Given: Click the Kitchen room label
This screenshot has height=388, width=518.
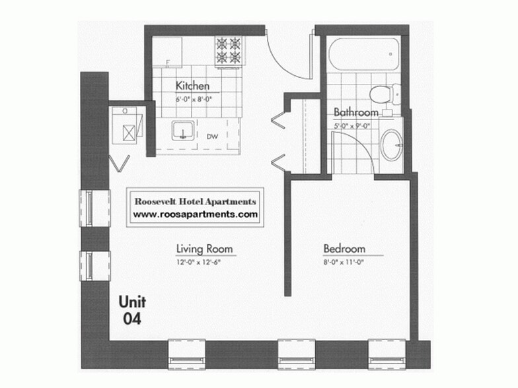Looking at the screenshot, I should click(x=192, y=86).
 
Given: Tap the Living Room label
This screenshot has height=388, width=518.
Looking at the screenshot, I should click(x=204, y=249).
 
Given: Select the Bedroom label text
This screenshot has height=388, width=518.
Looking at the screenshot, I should click(x=344, y=249).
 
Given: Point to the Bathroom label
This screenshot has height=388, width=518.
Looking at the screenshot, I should click(x=355, y=112).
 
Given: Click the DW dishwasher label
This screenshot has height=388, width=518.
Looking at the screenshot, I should click(x=212, y=137).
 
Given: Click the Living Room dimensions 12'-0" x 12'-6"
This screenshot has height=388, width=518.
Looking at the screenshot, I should click(x=204, y=262).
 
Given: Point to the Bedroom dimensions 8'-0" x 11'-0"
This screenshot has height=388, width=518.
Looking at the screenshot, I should click(x=344, y=262).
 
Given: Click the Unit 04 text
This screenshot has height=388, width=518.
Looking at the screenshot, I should click(x=132, y=310).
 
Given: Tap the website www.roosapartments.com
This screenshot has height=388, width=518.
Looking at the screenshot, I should click(x=195, y=214).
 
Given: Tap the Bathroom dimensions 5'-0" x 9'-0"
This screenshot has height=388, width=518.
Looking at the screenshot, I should click(x=353, y=125).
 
